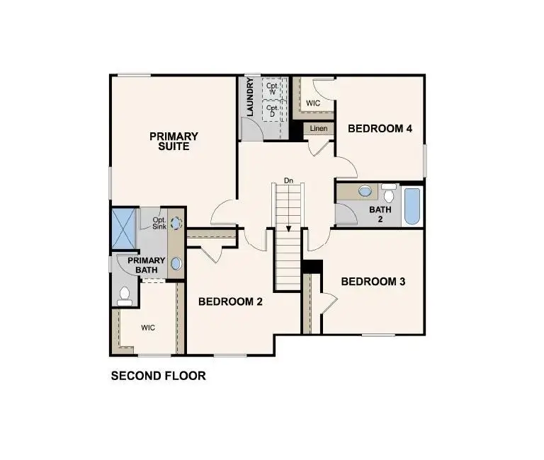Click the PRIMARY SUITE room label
174,141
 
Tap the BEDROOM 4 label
380,129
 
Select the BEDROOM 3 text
373,282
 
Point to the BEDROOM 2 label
230,301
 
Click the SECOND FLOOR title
158,376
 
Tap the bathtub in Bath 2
412,206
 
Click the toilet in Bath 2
389,192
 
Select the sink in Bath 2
365,191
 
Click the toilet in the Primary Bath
124,297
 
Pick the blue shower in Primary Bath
124,228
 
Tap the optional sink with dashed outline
176,223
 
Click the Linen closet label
319,129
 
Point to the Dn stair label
288,180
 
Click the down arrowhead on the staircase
288,229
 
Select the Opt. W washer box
272,88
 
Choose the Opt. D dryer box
272,110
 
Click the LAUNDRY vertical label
250,97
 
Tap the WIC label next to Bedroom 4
313,103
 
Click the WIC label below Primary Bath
148,328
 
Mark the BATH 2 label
380,214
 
